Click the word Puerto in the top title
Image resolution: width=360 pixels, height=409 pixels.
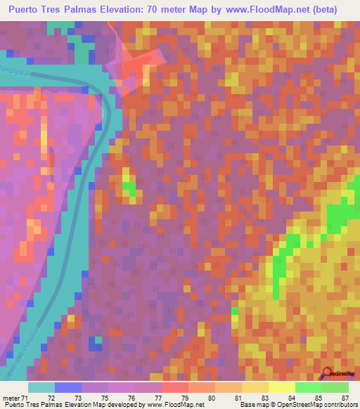(x=30, y=10)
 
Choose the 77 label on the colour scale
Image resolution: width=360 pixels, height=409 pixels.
(x=166, y=397)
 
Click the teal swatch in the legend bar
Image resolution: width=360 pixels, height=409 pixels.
(x=41, y=387)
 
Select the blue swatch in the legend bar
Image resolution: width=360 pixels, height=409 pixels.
(x=68, y=387)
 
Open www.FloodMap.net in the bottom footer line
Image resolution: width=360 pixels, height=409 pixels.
(x=163, y=405)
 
